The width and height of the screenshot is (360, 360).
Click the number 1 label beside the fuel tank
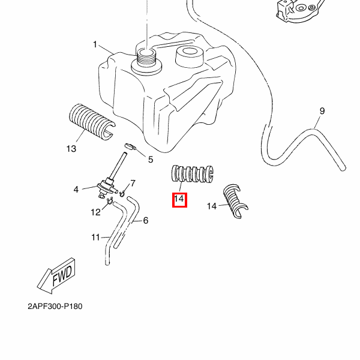coord(95,44)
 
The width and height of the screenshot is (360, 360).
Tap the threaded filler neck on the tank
coord(146,59)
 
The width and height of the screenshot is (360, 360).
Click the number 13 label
coord(71,149)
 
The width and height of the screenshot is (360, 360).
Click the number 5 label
coord(151,160)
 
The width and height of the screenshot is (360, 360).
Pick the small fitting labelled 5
coord(131,148)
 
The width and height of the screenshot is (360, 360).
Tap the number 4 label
coord(76,190)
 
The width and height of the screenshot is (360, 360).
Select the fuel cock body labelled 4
coord(107,187)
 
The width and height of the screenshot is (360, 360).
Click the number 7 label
coord(133,183)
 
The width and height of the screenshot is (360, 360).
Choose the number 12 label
coord(96,212)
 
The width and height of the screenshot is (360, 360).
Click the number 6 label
coord(145,221)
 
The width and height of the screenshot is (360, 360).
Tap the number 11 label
coord(95,238)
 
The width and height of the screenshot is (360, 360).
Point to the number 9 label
coord(322,111)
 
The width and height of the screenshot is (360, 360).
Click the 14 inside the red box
coord(179,199)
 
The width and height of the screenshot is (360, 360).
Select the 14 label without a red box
coord(211,206)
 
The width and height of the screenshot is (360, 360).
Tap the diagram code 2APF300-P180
coord(55,307)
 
